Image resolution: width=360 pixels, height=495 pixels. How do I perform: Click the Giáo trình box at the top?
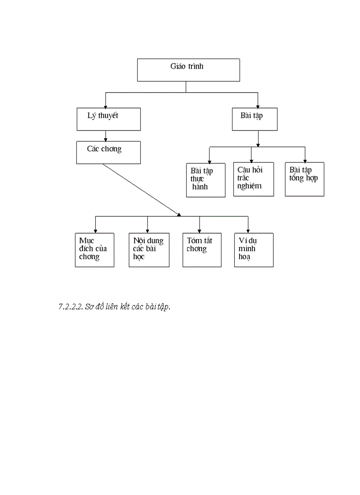188,70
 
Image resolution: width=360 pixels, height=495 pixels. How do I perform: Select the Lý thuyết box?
109,119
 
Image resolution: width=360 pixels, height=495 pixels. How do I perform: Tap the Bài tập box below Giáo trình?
255,119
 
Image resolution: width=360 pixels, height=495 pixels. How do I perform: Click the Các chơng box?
109,153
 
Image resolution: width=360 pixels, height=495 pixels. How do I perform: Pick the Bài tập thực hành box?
206,179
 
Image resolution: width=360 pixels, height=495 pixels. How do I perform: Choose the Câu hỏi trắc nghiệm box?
253,179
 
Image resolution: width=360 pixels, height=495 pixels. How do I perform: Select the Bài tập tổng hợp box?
304,179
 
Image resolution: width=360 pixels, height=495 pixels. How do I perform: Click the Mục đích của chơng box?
94,250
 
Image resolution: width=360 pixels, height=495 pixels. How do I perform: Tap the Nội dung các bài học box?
149,250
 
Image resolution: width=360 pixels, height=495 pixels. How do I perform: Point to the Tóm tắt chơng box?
202,250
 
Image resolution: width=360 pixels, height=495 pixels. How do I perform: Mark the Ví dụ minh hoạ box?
254,250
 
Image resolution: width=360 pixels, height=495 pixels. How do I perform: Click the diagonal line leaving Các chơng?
141,190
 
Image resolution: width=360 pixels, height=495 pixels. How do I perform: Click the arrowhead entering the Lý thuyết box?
105,106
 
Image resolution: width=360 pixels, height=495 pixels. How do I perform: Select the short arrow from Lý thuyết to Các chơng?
105,136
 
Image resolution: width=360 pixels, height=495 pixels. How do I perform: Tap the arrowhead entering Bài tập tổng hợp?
304,161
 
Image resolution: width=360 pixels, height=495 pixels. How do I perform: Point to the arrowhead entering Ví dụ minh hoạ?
248,231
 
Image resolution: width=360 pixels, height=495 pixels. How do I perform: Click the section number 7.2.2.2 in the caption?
71,307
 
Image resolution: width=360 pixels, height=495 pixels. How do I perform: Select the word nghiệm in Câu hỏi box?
249,186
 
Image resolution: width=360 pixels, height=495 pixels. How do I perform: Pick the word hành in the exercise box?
200,187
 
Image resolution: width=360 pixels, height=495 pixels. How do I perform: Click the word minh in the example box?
247,249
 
